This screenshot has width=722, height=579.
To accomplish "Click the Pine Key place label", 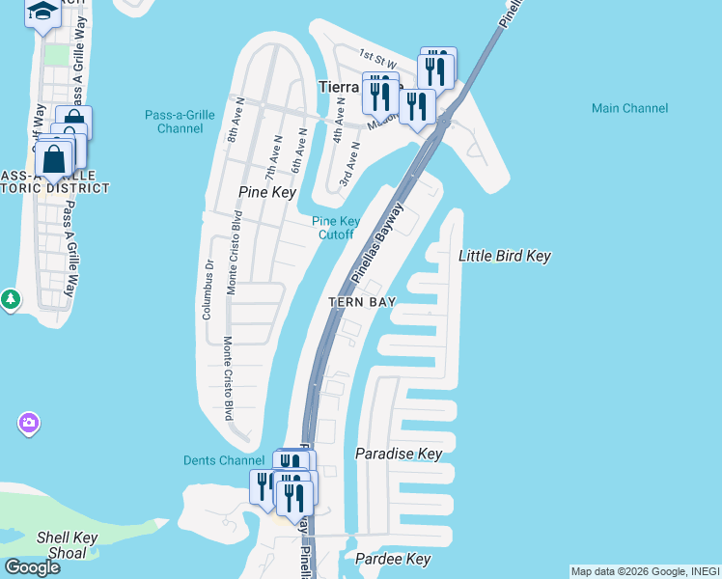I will (x=266, y=193).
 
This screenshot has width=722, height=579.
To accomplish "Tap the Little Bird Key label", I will (x=504, y=256).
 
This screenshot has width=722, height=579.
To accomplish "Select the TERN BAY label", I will (x=362, y=302).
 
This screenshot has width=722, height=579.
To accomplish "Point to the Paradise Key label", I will (x=398, y=454).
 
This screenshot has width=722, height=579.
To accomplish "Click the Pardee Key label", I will (x=392, y=559).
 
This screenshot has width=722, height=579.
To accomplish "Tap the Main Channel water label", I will (x=629, y=108).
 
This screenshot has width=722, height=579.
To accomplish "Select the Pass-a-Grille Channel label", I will (x=180, y=122).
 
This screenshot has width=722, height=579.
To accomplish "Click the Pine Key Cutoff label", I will (x=336, y=228).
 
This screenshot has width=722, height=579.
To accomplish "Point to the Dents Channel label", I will (x=223, y=460).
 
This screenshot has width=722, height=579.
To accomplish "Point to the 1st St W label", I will (x=377, y=59).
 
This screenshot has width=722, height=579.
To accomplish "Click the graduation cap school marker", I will (x=42, y=13).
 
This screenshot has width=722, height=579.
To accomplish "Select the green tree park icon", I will (x=10, y=300).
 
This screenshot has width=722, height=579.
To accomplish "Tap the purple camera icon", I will (x=29, y=423).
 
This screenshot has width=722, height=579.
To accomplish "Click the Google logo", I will (x=32, y=567).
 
